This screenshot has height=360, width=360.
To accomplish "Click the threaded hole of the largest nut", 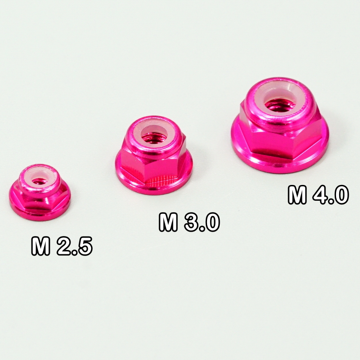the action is coord(277,106).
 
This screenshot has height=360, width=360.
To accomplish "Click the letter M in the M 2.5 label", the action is coord(41,246).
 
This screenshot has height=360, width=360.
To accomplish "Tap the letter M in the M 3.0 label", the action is coord(168,222).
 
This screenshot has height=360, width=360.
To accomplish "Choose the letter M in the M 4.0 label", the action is coord(297,195).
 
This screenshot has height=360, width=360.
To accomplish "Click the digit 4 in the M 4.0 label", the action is coord(320,195).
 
